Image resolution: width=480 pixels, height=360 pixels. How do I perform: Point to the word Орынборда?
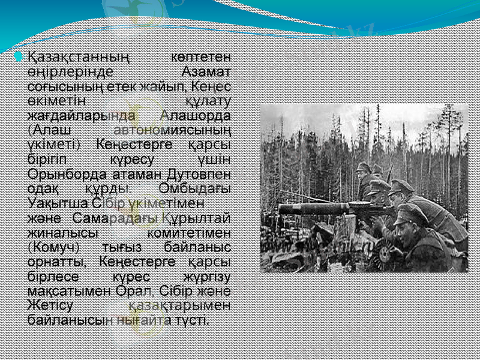(67, 174)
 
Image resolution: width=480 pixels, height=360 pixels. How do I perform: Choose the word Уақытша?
(58, 202)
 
